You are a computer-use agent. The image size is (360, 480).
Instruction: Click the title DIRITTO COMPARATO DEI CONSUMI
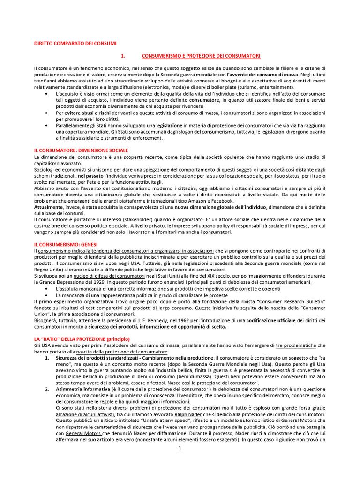point(75,44)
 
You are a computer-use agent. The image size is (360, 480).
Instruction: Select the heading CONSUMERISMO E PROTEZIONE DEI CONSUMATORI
point(201,56)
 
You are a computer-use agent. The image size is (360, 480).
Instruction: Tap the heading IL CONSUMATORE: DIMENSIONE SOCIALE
point(78,150)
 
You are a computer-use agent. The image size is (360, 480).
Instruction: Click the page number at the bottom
point(180,449)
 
